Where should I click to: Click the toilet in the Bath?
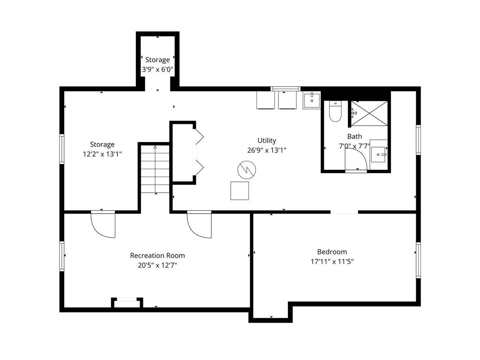(335, 112)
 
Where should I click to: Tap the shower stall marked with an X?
(369, 113)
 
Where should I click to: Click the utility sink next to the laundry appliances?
(312, 100)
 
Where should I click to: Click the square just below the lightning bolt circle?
(240, 190)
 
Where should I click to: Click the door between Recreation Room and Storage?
(103, 225)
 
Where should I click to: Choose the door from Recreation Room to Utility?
(199, 225)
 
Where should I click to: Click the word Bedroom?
(332, 252)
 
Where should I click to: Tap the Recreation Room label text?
(157, 255)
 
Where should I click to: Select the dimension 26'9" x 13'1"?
(267, 150)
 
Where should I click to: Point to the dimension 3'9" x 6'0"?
(157, 70)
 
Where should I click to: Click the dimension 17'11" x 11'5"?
(332, 262)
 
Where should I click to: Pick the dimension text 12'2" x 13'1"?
(102, 154)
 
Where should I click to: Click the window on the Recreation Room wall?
(61, 256)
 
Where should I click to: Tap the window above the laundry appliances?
(285, 89)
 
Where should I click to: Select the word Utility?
(267, 141)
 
